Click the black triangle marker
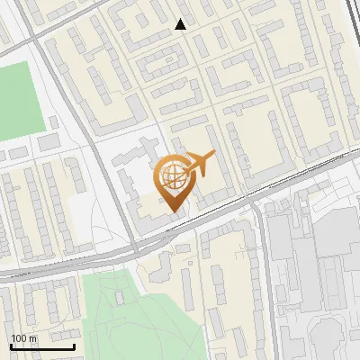(181, 24)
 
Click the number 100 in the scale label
(19, 337)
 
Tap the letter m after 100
(32, 337)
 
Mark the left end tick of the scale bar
(10, 346)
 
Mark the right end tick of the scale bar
(74, 346)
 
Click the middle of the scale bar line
(41, 346)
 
